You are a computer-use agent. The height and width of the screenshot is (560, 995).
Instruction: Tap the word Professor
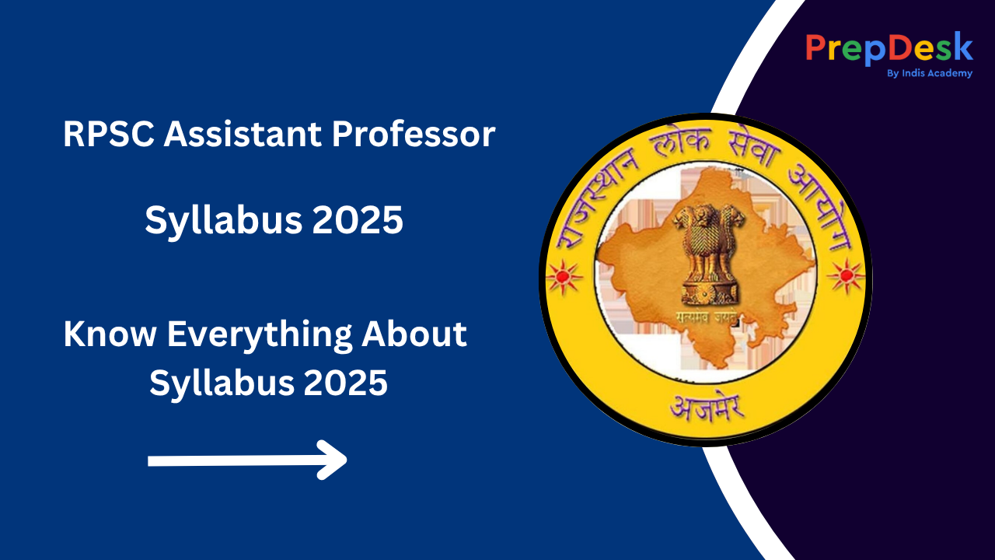point(414,135)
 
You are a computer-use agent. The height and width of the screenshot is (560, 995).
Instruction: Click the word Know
point(110,335)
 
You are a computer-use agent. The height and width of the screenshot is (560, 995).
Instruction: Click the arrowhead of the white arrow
point(334,460)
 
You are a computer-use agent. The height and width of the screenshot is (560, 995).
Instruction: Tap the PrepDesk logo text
point(889,48)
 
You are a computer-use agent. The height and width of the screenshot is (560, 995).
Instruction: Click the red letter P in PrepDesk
point(815,48)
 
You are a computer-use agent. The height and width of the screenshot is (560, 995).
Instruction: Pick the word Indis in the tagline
point(914,73)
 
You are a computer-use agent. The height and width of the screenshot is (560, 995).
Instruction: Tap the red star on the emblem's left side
point(564,275)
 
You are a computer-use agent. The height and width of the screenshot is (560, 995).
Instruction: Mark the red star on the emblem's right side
point(845,275)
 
